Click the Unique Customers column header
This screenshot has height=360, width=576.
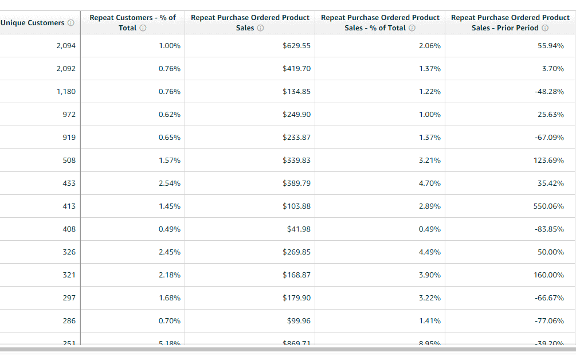tap(33, 23)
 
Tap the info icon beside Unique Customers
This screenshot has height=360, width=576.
tap(71, 23)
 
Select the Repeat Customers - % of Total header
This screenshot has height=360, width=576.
tap(132, 22)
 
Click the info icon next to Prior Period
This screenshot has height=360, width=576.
tap(545, 28)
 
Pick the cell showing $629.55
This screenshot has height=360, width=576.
tap(296, 46)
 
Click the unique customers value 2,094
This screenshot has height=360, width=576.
tap(66, 46)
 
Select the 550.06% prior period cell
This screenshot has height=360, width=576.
tap(548, 206)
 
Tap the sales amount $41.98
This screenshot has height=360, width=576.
tap(299, 229)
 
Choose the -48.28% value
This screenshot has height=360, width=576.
tap(549, 92)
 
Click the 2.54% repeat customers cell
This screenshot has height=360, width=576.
tap(170, 183)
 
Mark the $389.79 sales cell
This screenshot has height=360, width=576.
tap(296, 183)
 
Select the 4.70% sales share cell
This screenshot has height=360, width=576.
tap(430, 183)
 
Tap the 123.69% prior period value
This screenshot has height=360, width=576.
tap(548, 161)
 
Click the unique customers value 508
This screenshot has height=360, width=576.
tap(69, 161)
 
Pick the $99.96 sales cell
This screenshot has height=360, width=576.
tap(299, 321)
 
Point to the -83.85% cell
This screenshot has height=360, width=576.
tap(549, 229)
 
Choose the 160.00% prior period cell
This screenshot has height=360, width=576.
tap(548, 275)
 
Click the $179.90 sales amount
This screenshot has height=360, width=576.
tap(296, 298)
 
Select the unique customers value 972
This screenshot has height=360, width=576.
tap(69, 115)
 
